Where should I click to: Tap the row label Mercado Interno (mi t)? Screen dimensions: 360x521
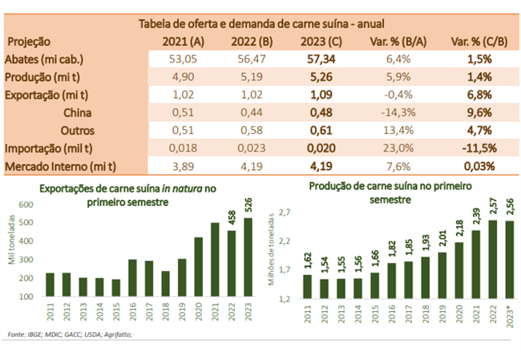tap(61, 167)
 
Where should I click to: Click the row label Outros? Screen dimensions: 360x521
tap(78, 131)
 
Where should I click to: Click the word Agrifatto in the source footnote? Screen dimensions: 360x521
tap(117, 334)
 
